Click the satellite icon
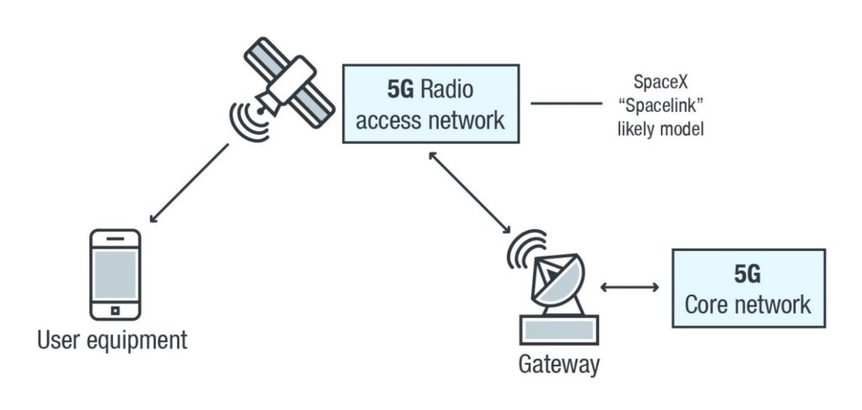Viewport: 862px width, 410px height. pyautogui.click(x=285, y=83)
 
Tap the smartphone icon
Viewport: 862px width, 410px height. pyautogui.click(x=115, y=274)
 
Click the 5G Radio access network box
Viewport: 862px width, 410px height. pyautogui.click(x=430, y=104)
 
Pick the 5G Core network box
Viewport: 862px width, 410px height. pyautogui.click(x=748, y=287)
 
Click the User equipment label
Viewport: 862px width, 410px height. pyautogui.click(x=112, y=340)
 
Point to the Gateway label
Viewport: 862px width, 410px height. pyautogui.click(x=559, y=364)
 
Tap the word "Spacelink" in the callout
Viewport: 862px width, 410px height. pyautogui.click(x=666, y=107)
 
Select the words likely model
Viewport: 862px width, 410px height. pyautogui.click(x=666, y=129)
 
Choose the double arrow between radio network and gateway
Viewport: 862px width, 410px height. pyautogui.click(x=470, y=193)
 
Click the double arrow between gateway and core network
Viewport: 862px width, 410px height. pyautogui.click(x=630, y=288)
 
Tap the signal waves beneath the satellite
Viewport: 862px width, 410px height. pyautogui.click(x=249, y=119)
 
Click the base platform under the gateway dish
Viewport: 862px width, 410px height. pyautogui.click(x=559, y=329)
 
